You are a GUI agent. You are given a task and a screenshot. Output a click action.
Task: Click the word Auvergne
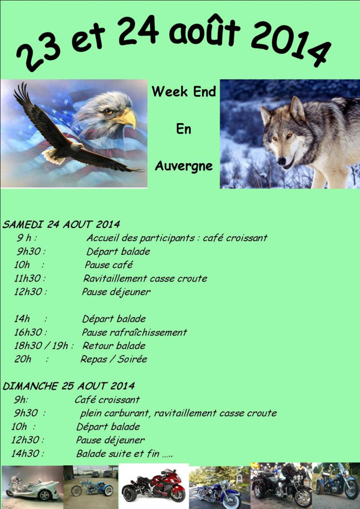click(184, 166)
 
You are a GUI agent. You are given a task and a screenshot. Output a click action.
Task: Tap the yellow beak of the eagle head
click(128, 118)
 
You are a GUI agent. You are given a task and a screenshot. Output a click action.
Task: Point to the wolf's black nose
click(281, 161)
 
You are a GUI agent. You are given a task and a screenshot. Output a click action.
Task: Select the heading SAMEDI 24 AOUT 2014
click(61, 224)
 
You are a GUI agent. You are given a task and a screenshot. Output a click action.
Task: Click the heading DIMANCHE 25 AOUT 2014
click(69, 386)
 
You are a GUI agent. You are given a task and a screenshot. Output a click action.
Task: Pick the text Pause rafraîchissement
click(134, 332)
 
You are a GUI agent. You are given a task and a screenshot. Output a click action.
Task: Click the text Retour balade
click(114, 346)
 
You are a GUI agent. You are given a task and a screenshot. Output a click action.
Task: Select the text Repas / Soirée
click(114, 359)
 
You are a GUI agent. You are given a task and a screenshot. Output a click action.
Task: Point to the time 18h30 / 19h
click(41, 346)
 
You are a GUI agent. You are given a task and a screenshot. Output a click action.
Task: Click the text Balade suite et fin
click(118, 454)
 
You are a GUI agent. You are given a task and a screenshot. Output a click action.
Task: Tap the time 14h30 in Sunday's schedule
click(25, 454)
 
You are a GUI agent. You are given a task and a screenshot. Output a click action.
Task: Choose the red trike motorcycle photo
click(154, 486)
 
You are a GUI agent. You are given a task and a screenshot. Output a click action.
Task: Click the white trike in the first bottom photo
click(32, 487)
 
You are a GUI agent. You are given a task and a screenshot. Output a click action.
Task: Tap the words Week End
click(184, 92)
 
